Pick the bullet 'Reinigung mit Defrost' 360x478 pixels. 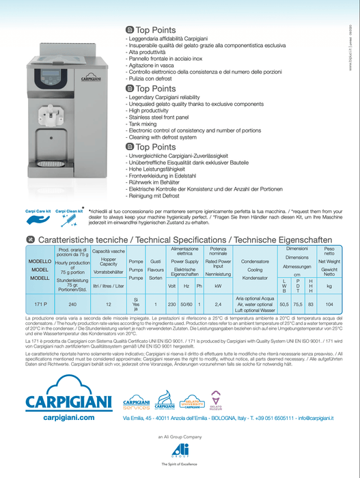tap(159, 195)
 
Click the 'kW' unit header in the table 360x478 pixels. tap(218, 286)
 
